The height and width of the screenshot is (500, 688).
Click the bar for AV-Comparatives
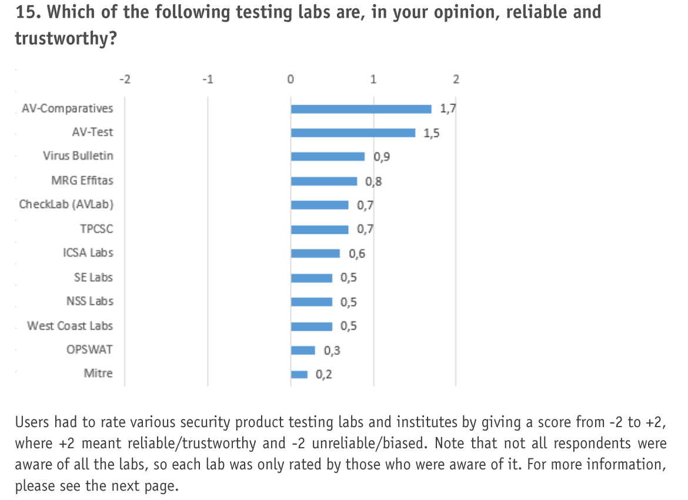point(361,109)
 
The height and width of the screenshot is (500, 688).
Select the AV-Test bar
point(353,133)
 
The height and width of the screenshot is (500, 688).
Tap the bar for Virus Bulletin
point(328,156)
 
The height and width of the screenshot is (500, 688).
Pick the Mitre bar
point(299,374)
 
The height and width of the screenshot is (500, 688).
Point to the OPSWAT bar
point(303,350)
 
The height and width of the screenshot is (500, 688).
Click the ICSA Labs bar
point(315,253)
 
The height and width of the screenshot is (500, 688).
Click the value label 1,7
point(448,109)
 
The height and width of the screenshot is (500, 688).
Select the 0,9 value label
point(382,157)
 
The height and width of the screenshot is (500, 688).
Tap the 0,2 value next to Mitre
point(323,374)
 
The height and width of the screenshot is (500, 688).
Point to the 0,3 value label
point(332,351)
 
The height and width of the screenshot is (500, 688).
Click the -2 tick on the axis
point(125,79)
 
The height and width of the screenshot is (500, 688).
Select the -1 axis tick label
point(207,79)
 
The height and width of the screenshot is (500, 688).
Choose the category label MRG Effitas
point(82,180)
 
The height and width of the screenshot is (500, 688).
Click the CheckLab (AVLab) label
point(66,204)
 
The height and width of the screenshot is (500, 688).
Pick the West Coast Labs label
point(69,325)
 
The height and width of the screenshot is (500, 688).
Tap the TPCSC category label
point(96,229)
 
